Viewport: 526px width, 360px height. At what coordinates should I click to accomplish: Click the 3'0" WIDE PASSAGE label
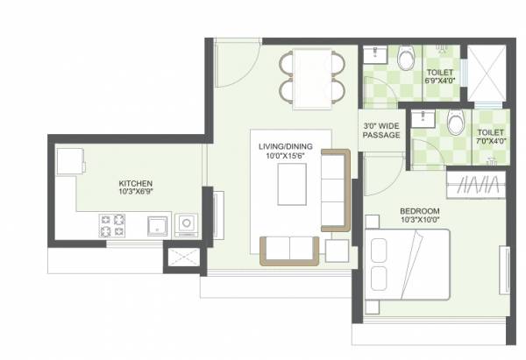coord(381,131)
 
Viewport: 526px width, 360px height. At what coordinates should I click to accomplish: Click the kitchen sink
coord(156,226)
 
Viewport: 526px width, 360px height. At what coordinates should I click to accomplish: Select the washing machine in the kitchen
coord(187,225)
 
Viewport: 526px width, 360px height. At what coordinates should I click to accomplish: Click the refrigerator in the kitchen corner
coord(69,162)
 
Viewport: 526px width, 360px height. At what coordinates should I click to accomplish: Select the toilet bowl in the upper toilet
coord(405,60)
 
